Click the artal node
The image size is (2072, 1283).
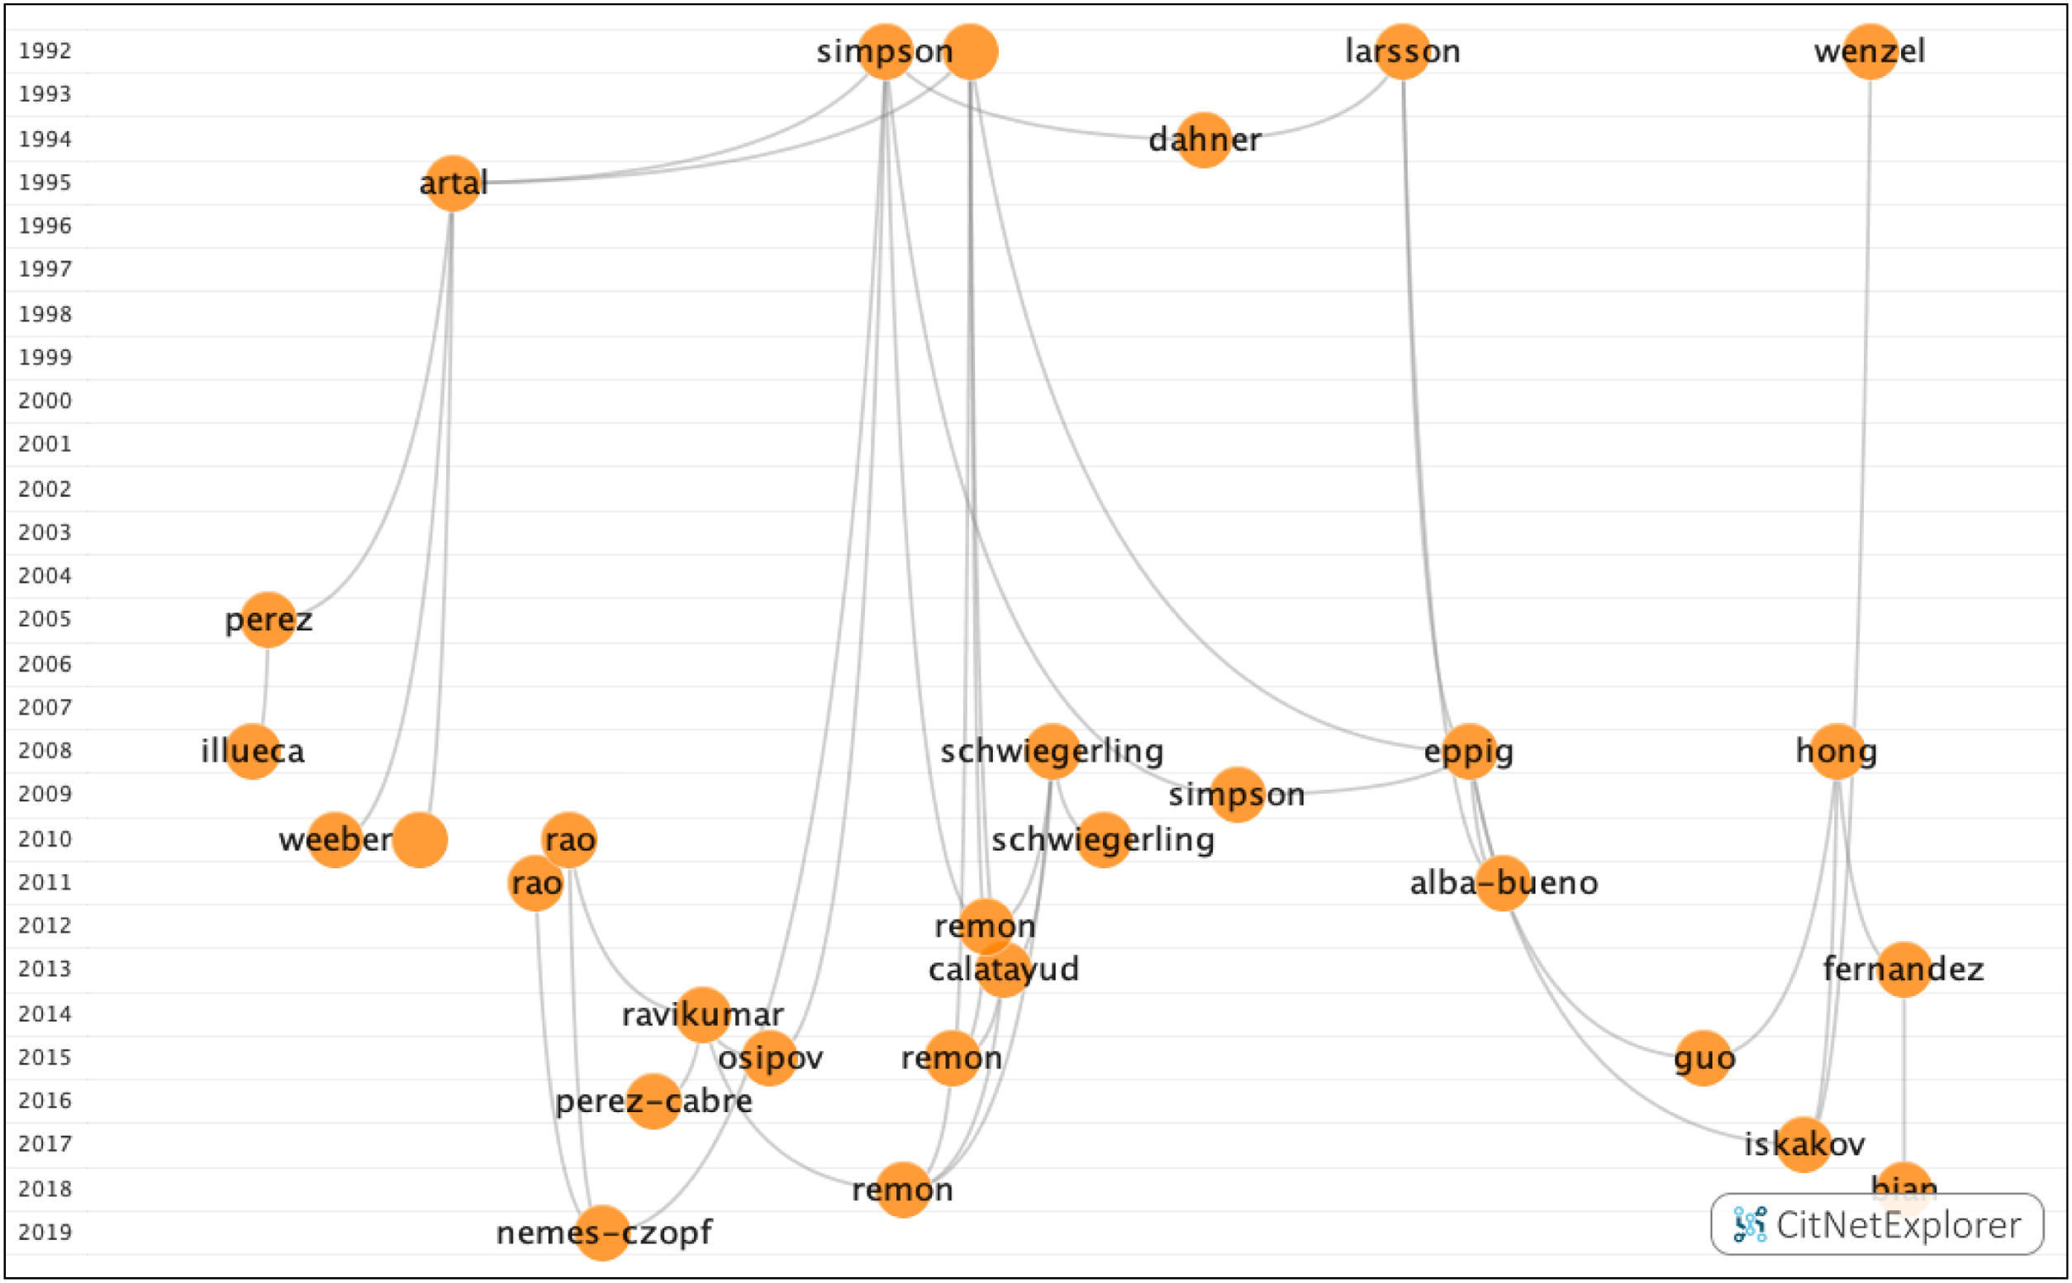coord(452,183)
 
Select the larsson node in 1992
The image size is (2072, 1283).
coord(1403,52)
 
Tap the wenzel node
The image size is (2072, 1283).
coord(1870,52)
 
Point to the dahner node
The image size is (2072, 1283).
coord(1204,140)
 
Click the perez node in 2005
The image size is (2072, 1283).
coord(269,620)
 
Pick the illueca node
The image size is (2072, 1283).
coord(253,751)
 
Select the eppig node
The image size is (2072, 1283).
coord(1469,751)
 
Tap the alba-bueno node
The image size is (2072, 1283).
coord(1503,883)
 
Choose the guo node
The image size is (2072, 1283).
coord(1704,1058)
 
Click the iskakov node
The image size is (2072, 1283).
coord(1803,1145)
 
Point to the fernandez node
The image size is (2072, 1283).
coord(1904,969)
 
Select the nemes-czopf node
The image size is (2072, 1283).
coord(602,1232)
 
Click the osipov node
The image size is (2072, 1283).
coord(770,1058)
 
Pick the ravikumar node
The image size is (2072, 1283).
coord(702,1014)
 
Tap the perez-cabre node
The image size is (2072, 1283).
coord(653,1101)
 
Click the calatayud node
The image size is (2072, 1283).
coord(1004,969)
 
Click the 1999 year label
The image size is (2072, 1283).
coord(45,357)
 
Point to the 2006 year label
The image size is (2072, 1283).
coord(45,663)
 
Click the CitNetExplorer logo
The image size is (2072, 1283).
coord(1877,1224)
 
